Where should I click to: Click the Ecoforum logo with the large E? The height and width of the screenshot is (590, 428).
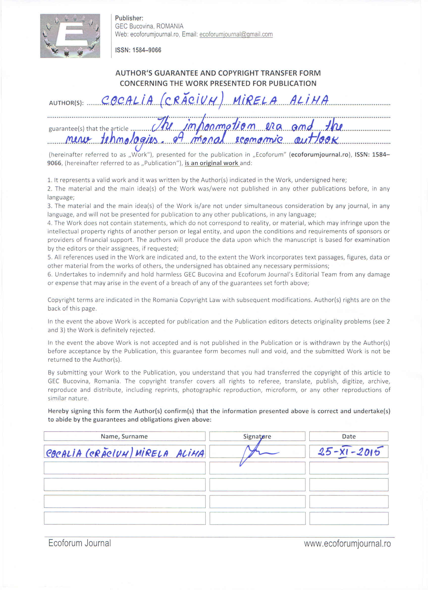click(70, 36)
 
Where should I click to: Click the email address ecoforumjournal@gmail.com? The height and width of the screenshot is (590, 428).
click(236, 34)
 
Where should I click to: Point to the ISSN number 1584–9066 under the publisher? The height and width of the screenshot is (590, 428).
click(147, 50)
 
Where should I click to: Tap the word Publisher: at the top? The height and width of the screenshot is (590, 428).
click(129, 18)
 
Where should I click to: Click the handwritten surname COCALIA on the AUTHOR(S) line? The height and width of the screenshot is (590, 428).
click(128, 101)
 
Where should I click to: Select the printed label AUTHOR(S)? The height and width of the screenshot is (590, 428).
click(66, 103)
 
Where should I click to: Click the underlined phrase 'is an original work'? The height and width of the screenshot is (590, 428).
click(211, 163)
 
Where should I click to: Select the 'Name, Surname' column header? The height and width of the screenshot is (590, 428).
click(124, 436)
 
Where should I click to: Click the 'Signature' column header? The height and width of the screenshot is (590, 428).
click(257, 436)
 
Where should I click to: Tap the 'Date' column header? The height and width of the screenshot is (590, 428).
click(349, 436)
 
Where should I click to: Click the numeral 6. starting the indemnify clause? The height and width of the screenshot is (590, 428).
click(50, 275)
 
